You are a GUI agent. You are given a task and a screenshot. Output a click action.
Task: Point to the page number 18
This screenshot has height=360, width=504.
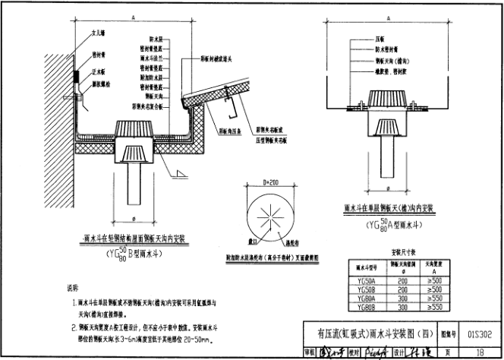pos(480,352)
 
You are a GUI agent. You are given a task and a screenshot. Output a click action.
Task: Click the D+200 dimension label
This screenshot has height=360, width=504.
pos(271,183)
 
